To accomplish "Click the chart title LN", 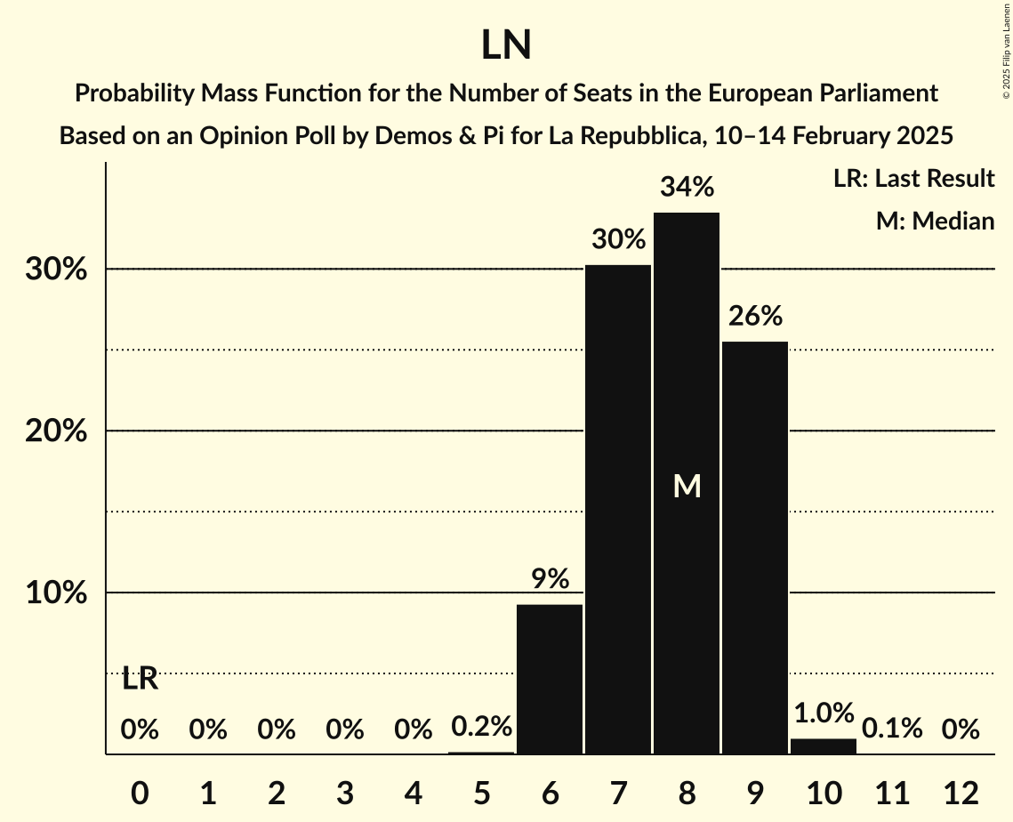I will pyautogui.click(x=506, y=46).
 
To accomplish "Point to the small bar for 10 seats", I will pyautogui.click(x=824, y=746).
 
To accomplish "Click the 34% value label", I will pyautogui.click(x=687, y=188).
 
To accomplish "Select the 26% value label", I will pyautogui.click(x=755, y=317).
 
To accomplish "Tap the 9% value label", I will pyautogui.click(x=550, y=580).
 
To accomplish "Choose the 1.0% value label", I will pyautogui.click(x=824, y=713).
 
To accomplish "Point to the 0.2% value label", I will pyautogui.click(x=481, y=727).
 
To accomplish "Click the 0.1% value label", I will pyautogui.click(x=892, y=729).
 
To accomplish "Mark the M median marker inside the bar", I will pyautogui.click(x=687, y=486).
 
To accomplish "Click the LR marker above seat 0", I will pyautogui.click(x=140, y=679).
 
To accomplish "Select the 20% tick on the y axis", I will pyautogui.click(x=56, y=431).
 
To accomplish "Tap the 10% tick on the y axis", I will pyautogui.click(x=56, y=593).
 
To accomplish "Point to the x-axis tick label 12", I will pyautogui.click(x=961, y=792).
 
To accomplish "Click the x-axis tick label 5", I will pyautogui.click(x=481, y=792).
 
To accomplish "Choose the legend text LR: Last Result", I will pyautogui.click(x=913, y=179).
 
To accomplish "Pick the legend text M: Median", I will pyautogui.click(x=935, y=221).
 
